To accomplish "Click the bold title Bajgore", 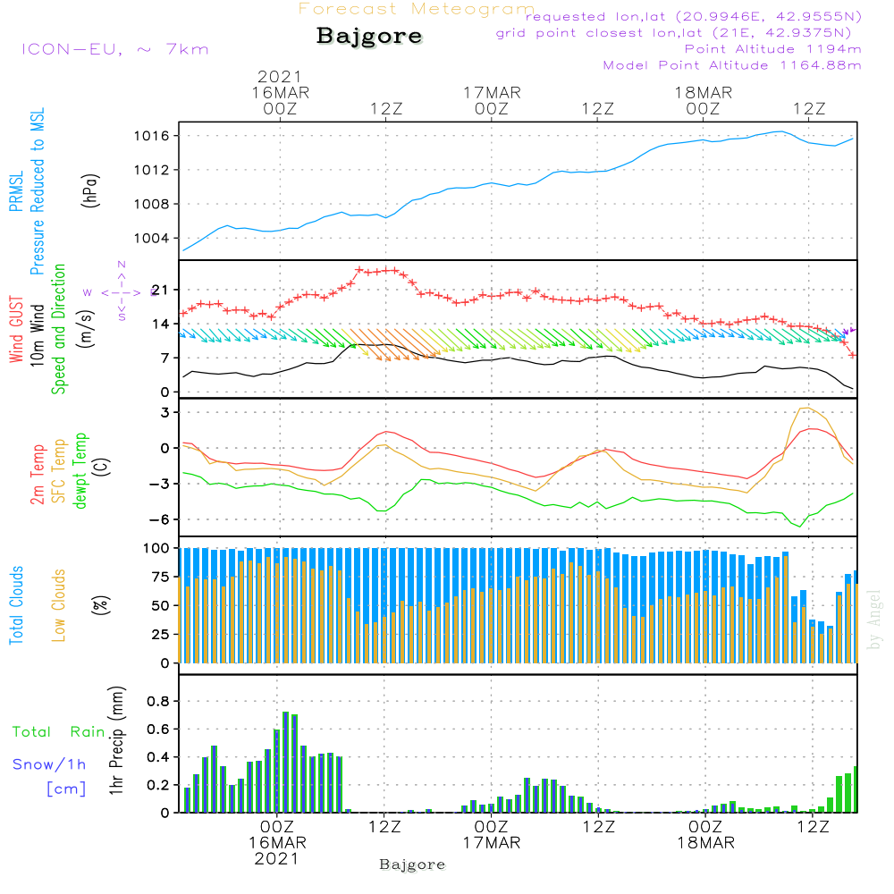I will click(369, 38).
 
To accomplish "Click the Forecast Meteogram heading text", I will click(417, 10).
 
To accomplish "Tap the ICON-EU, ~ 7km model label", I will click(114, 48).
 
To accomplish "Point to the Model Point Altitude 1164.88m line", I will click(732, 65).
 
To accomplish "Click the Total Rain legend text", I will click(59, 732).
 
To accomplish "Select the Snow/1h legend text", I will click(50, 764).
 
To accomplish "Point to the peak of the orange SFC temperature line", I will click(806, 409).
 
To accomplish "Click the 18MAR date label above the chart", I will click(704, 92).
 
